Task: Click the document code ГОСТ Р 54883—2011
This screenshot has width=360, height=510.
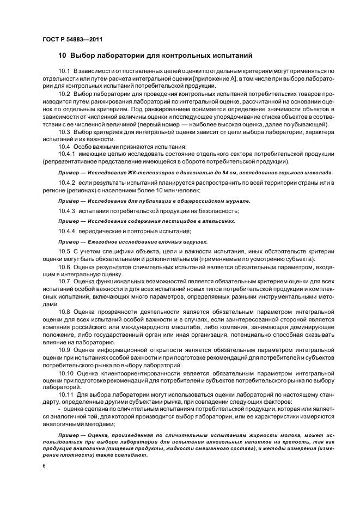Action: pyautogui.click(x=72, y=40)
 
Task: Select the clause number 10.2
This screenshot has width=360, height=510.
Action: pyautogui.click(x=64, y=94)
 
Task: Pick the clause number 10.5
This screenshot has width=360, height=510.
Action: pyautogui.click(x=64, y=251)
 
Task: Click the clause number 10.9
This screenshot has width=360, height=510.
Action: pyautogui.click(x=64, y=349)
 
